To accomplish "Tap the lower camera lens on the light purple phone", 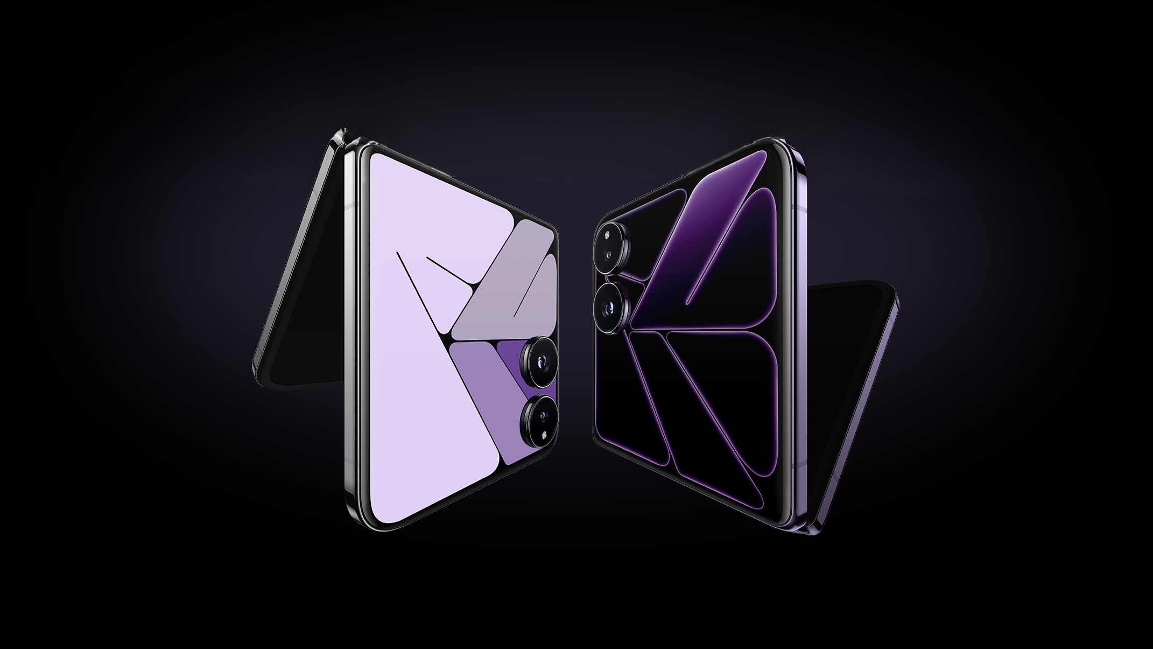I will click(x=538, y=415).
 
